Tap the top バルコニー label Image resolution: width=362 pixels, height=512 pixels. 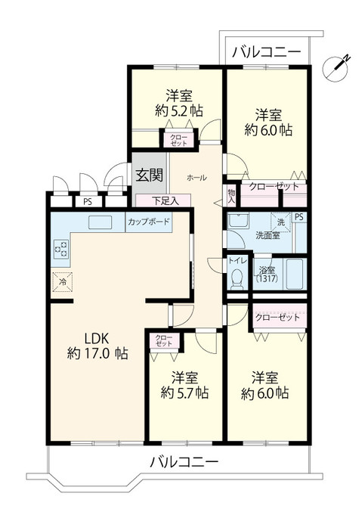coord(266,52)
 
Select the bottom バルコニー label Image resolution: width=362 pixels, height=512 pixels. coord(184,462)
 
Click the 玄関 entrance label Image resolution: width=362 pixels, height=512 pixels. coord(149,174)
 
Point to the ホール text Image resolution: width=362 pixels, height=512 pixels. coord(196,176)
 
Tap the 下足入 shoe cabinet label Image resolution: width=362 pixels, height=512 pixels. coord(165,200)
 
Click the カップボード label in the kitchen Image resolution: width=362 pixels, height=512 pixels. coord(148,222)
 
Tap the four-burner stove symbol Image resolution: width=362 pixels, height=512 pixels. coord(60,249)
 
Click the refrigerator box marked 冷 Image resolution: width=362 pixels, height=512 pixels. coord(60,282)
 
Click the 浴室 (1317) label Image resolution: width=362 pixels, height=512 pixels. coord(267,275)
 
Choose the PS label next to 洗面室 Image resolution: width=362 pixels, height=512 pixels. coord(300,218)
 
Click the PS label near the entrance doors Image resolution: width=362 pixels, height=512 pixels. coord(88,201)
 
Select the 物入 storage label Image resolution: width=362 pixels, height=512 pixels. coord(231,197)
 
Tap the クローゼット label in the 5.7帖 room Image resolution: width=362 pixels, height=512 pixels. coord(161,340)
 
